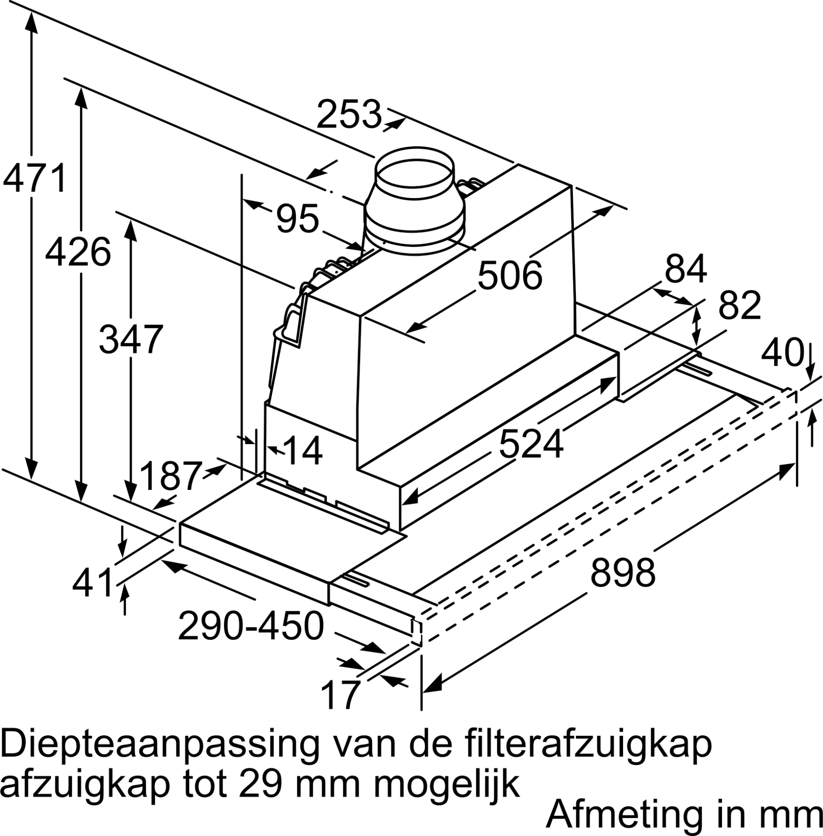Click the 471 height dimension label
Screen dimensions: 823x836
(35, 178)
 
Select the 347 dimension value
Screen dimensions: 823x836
(131, 339)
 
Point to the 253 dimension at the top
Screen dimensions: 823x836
(349, 115)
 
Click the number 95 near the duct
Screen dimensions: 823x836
(298, 219)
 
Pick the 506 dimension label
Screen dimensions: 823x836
(510, 275)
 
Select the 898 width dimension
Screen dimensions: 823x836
(623, 573)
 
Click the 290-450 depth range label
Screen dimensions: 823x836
(251, 625)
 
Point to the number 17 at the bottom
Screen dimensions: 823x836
(341, 695)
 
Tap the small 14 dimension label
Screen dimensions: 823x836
(302, 451)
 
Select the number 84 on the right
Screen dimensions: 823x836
(685, 269)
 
